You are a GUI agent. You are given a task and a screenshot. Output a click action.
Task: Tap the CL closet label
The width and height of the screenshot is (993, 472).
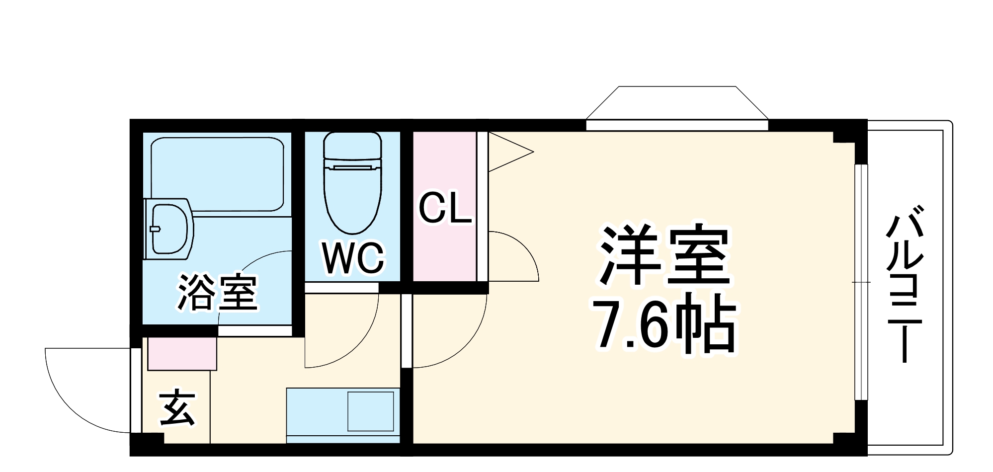[x=444, y=209]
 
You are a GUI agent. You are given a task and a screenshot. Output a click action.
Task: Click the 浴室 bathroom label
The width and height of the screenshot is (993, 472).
[x=217, y=292]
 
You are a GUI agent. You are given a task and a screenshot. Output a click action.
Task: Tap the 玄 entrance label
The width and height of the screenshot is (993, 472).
[x=177, y=408]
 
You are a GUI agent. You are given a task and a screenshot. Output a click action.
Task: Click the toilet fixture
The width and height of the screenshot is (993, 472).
[x=352, y=181]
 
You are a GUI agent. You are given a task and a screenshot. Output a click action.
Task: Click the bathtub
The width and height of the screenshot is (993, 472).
[x=217, y=174]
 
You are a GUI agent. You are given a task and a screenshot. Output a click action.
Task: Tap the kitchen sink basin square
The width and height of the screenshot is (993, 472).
[x=370, y=411]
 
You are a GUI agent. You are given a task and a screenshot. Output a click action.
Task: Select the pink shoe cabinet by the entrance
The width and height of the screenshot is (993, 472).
[x=182, y=353]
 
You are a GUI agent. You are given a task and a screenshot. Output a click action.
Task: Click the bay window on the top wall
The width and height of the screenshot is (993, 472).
[x=677, y=107]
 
